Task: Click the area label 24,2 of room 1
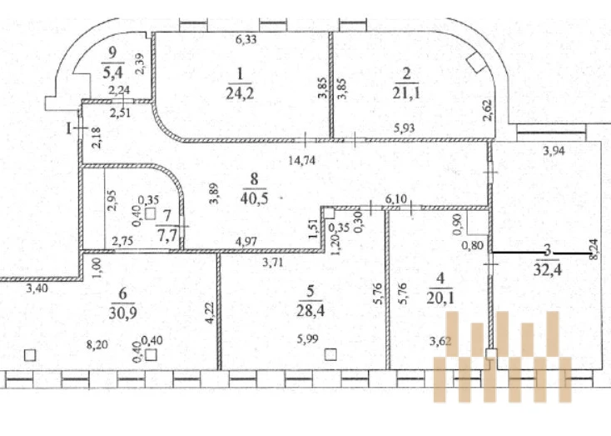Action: [x=240, y=93]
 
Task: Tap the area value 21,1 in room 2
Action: [x=406, y=93]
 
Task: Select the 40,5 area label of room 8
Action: [x=254, y=198]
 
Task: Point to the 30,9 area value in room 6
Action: [x=122, y=313]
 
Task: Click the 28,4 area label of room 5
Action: [x=310, y=311]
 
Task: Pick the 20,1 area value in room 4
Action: [x=440, y=298]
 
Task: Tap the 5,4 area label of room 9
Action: [x=112, y=73]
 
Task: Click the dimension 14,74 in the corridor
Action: [x=301, y=160]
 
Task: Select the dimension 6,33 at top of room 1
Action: [x=246, y=39]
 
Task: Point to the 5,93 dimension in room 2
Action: [x=404, y=128]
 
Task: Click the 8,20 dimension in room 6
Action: [x=97, y=344]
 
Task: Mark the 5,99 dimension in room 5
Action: [x=307, y=339]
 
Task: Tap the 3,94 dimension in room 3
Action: [x=554, y=151]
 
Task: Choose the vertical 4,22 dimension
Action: [x=211, y=313]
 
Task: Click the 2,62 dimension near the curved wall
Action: [x=488, y=111]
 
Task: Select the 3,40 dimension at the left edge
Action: [x=37, y=288]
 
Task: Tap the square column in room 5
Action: [x=330, y=354]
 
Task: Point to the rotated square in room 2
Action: [x=476, y=63]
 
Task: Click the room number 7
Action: [x=166, y=215]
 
